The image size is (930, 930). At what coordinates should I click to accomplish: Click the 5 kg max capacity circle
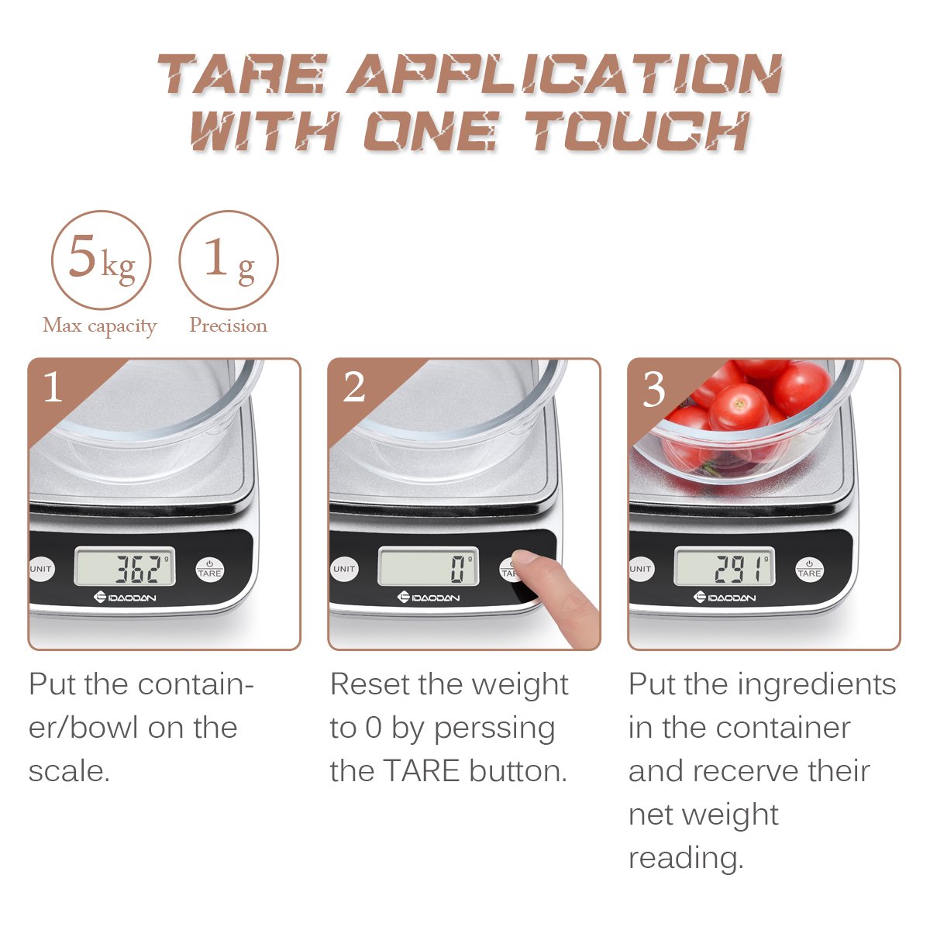pos(101,260)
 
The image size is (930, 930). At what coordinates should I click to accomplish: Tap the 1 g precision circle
pos(229,260)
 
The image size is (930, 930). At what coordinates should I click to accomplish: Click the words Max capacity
pos(100,325)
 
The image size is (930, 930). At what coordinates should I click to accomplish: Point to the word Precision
pos(229,325)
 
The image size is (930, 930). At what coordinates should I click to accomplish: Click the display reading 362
pos(126,568)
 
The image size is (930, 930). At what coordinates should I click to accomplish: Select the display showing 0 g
pos(429,568)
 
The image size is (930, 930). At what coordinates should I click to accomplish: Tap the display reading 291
pos(725,568)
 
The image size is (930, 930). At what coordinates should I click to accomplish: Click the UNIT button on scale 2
pos(344,569)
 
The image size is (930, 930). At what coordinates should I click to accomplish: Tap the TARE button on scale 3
pos(809,570)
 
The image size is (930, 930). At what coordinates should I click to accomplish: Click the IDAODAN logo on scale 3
pos(725,598)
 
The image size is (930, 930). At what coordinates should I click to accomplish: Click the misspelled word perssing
pos(494,728)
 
